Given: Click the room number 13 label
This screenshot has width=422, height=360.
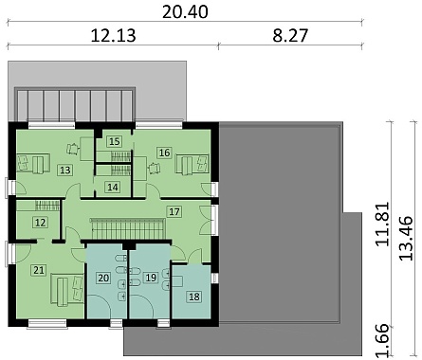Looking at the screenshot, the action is pos(64,171).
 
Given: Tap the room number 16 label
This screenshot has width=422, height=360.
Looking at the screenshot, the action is pos(164,153).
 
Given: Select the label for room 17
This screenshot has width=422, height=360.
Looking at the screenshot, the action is pos(174,211).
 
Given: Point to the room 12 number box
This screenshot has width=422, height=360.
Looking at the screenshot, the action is pos(40,223).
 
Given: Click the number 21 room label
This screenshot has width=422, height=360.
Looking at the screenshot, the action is pos(39,270).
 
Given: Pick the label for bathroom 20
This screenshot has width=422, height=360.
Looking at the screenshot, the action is pos(103,278).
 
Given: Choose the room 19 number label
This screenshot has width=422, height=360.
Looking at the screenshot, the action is pos(151,278).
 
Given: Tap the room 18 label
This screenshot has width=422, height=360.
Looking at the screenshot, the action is pos(194,297).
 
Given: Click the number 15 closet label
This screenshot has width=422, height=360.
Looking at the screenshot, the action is pos(114,141).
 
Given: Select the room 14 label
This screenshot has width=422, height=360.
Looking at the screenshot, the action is pos(113,188).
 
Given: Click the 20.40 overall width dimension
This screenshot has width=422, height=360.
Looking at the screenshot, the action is pos(185,11).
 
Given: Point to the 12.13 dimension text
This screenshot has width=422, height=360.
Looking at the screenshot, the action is pos(113,35).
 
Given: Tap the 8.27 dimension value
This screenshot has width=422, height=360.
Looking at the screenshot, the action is pos(290,35).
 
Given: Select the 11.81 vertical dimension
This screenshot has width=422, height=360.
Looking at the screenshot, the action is pos(382,224).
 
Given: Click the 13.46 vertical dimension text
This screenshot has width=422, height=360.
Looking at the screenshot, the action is pos(405,238).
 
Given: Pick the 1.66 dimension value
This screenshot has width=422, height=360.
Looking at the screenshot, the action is pos(382,341).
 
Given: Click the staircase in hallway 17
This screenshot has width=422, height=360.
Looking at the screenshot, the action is pos(128,228).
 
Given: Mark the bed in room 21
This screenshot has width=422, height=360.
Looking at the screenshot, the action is pos(67,290).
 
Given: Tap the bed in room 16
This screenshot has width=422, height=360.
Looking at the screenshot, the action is pos(193,164).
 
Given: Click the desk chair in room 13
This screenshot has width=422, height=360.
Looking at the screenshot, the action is pos(73,149).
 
